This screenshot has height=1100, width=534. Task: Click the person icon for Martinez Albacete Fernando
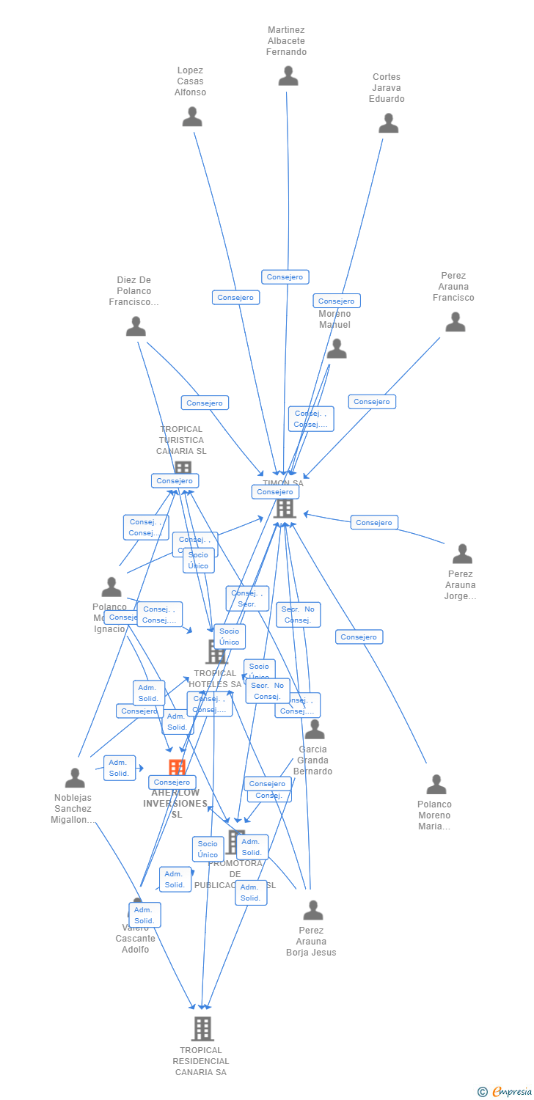click(x=288, y=76)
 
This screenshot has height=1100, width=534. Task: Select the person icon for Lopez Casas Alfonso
click(x=192, y=117)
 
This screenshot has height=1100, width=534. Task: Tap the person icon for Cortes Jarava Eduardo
click(x=388, y=123)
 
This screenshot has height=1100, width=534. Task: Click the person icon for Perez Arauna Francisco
click(x=456, y=322)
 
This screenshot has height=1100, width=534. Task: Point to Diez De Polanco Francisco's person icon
click(x=136, y=326)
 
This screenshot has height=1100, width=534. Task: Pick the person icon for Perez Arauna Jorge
click(x=462, y=554)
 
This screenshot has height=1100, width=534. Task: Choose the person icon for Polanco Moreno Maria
click(x=436, y=785)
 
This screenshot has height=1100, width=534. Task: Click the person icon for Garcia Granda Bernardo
click(x=315, y=730)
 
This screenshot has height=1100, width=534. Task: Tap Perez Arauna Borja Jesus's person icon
click(x=313, y=911)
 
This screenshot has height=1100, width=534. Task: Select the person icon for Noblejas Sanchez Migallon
click(x=75, y=778)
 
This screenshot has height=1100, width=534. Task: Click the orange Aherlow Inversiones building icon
click(x=177, y=768)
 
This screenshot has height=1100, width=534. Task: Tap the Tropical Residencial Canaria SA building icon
click(x=202, y=1028)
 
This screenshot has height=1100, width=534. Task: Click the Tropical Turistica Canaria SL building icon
click(x=183, y=467)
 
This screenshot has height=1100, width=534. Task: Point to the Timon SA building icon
click(x=285, y=508)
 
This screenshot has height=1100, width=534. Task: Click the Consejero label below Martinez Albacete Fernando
click(x=285, y=277)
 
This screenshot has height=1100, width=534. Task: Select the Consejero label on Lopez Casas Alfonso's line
click(x=235, y=298)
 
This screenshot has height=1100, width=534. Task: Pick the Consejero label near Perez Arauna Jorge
click(x=374, y=522)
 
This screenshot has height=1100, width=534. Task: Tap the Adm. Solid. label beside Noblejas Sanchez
click(x=119, y=768)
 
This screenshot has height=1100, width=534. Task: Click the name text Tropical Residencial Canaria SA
click(x=201, y=1061)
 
